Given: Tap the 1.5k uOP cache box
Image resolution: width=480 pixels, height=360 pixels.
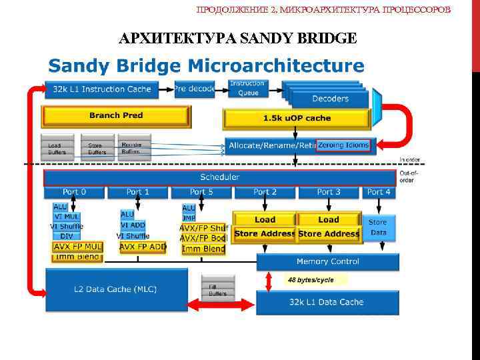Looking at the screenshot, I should point(297,119).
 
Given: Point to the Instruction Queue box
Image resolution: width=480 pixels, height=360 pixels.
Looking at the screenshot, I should point(248,88).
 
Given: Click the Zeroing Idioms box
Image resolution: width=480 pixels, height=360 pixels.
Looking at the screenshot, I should point(343,145).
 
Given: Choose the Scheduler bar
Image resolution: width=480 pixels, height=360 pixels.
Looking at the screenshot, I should point(219,177).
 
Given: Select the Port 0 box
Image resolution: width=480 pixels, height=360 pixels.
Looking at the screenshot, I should point(74,192).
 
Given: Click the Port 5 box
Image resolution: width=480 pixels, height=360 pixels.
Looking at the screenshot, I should point(201,192).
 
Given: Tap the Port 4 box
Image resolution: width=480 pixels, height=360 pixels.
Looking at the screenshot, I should point(379,192).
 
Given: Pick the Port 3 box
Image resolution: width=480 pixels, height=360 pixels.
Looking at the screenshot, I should point(329,192).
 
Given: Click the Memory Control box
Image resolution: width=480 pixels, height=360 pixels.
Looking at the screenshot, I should point(328,262).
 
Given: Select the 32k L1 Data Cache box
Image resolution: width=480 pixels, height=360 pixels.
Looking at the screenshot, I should point(327,302).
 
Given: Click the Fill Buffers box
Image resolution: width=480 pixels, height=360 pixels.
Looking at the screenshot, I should point(217,290).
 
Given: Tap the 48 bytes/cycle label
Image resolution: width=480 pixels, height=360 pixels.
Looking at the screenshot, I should point(311,280).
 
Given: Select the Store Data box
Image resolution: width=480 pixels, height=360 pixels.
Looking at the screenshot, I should point(378,227).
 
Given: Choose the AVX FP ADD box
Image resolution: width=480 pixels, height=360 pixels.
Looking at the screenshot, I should point(143,247).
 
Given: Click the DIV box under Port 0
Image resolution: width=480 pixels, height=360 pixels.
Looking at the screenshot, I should point(67,236).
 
